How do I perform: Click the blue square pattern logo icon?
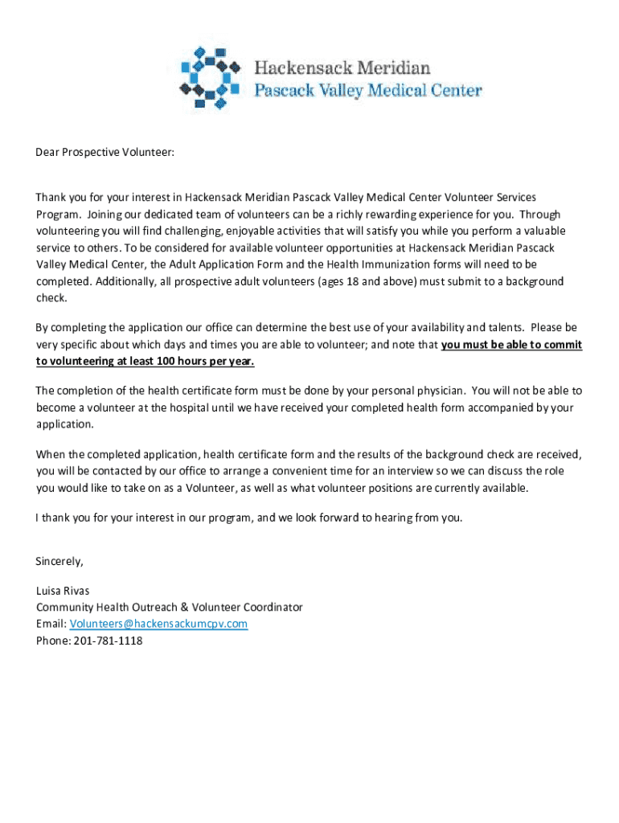(x=210, y=77)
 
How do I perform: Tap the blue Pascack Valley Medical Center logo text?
(x=368, y=90)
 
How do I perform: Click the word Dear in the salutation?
(x=47, y=152)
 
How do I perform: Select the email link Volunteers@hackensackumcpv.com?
(x=158, y=624)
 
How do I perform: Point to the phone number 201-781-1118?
(x=107, y=641)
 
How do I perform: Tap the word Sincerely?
(x=59, y=560)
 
